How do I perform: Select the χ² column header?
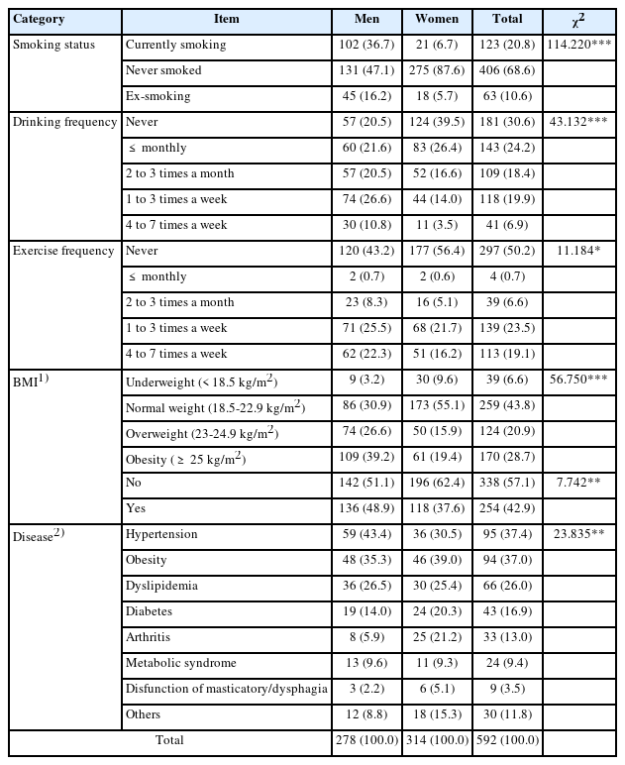(x=580, y=19)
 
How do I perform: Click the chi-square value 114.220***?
(x=580, y=45)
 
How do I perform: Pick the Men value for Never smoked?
(x=367, y=70)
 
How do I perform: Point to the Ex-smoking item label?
(x=158, y=96)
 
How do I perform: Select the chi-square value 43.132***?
(x=580, y=122)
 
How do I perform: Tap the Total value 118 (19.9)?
(x=507, y=199)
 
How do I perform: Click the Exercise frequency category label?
(x=63, y=251)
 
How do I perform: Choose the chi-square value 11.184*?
(x=580, y=251)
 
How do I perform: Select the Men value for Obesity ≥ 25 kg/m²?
(x=367, y=459)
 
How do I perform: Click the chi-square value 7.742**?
(x=580, y=485)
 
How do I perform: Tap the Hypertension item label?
(x=161, y=534)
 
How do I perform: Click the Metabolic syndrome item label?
(x=180, y=663)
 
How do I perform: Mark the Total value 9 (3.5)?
(x=507, y=689)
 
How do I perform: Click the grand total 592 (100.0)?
(x=507, y=740)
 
